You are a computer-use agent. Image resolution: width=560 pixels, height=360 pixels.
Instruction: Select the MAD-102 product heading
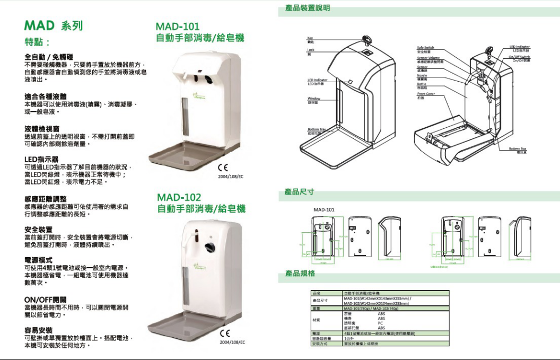pyautogui.click(x=178, y=198)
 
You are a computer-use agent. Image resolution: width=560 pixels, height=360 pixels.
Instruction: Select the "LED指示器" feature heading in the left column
pyautogui.click(x=41, y=159)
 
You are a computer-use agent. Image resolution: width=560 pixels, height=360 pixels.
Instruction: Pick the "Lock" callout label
pyautogui.click(x=310, y=50)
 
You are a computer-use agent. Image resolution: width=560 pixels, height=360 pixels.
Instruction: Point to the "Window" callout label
pyautogui.click(x=313, y=99)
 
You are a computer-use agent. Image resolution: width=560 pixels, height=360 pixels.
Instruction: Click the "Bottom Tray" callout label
pyautogui.click(x=316, y=128)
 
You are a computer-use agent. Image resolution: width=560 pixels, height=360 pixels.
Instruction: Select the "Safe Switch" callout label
pyautogui.click(x=425, y=47)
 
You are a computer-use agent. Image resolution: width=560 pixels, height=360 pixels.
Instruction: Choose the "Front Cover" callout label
pyautogui.click(x=425, y=93)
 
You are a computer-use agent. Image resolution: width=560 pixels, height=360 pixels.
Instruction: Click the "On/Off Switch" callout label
pyautogui.click(x=519, y=56)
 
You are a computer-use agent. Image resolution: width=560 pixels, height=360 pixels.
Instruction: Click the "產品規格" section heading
pyautogui.click(x=300, y=274)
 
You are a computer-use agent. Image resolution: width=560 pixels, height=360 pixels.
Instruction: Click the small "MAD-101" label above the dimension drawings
pyautogui.click(x=323, y=210)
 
